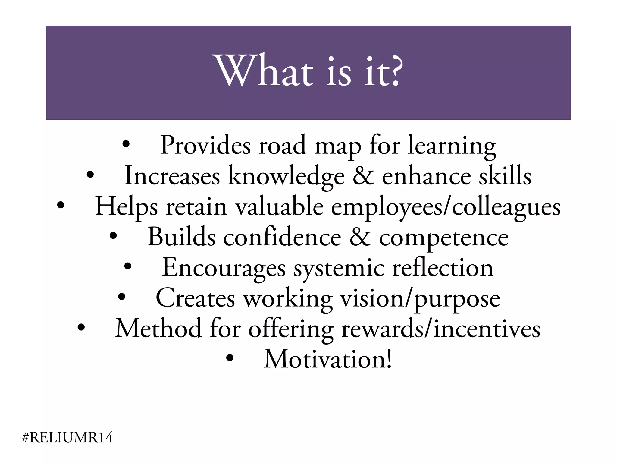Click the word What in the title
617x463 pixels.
(x=264, y=71)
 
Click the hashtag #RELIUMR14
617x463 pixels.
(x=67, y=437)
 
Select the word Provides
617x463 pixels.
(x=205, y=145)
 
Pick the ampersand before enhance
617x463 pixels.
(x=363, y=176)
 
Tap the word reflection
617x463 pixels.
(x=443, y=268)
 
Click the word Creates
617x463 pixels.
(x=195, y=298)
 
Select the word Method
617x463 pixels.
(x=158, y=329)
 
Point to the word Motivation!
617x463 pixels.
(x=328, y=359)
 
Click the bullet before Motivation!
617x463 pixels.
(x=230, y=358)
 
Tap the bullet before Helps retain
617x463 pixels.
(x=61, y=206)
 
